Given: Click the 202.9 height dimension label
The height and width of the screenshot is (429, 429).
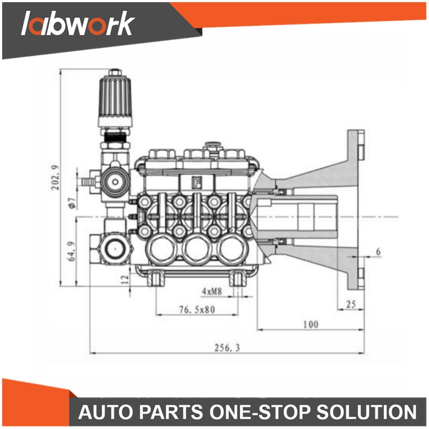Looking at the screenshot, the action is (x=55, y=178).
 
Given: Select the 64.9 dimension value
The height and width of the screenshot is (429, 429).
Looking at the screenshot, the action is (x=71, y=251).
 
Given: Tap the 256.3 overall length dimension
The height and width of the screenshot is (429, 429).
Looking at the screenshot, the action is (x=227, y=348).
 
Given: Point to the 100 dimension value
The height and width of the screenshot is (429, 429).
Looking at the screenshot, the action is (x=311, y=324).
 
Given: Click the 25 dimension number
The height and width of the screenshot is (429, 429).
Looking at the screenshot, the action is (x=351, y=304).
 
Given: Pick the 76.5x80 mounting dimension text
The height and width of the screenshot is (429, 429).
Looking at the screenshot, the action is (x=197, y=309).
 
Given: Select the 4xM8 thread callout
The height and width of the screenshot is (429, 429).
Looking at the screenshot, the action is (x=212, y=292).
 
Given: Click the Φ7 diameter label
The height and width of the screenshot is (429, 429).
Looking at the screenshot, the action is (x=72, y=203).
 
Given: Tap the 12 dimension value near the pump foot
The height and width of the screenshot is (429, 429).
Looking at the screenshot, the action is (x=125, y=279).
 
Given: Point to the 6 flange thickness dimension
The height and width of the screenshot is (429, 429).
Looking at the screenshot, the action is (x=378, y=251).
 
